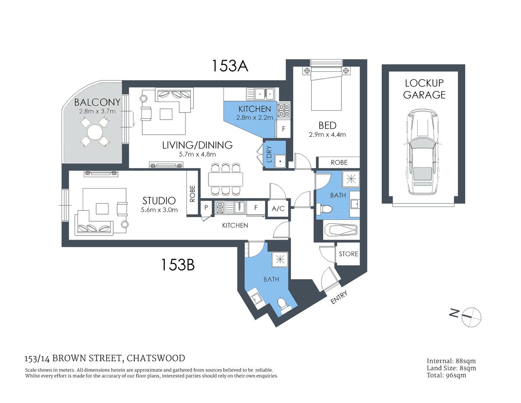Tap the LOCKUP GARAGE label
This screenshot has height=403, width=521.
pyautogui.click(x=424, y=89)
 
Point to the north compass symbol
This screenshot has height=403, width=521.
pyautogui.click(x=471, y=317)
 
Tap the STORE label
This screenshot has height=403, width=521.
pyautogui.click(x=348, y=254)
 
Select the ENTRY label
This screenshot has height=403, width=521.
pyautogui.click(x=339, y=298)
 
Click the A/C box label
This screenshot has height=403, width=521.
pyautogui.click(x=278, y=209)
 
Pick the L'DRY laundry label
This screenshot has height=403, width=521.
pyautogui.click(x=269, y=154)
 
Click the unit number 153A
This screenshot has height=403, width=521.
pyautogui.click(x=229, y=66)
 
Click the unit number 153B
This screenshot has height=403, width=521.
pyautogui.click(x=178, y=264)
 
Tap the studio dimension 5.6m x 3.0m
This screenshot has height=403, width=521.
pyautogui.click(x=159, y=210)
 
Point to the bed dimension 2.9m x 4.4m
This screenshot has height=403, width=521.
pyautogui.click(x=327, y=135)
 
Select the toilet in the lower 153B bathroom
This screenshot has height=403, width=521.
pyautogui.click(x=285, y=306)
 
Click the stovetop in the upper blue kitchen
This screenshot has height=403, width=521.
pyautogui.click(x=284, y=110)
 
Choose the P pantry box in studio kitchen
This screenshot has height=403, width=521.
pyautogui.click(x=206, y=207)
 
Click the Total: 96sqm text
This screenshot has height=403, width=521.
pyautogui.click(x=446, y=375)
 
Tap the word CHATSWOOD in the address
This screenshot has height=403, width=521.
pyautogui.click(x=156, y=358)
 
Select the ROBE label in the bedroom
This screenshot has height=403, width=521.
pyautogui.click(x=339, y=162)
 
